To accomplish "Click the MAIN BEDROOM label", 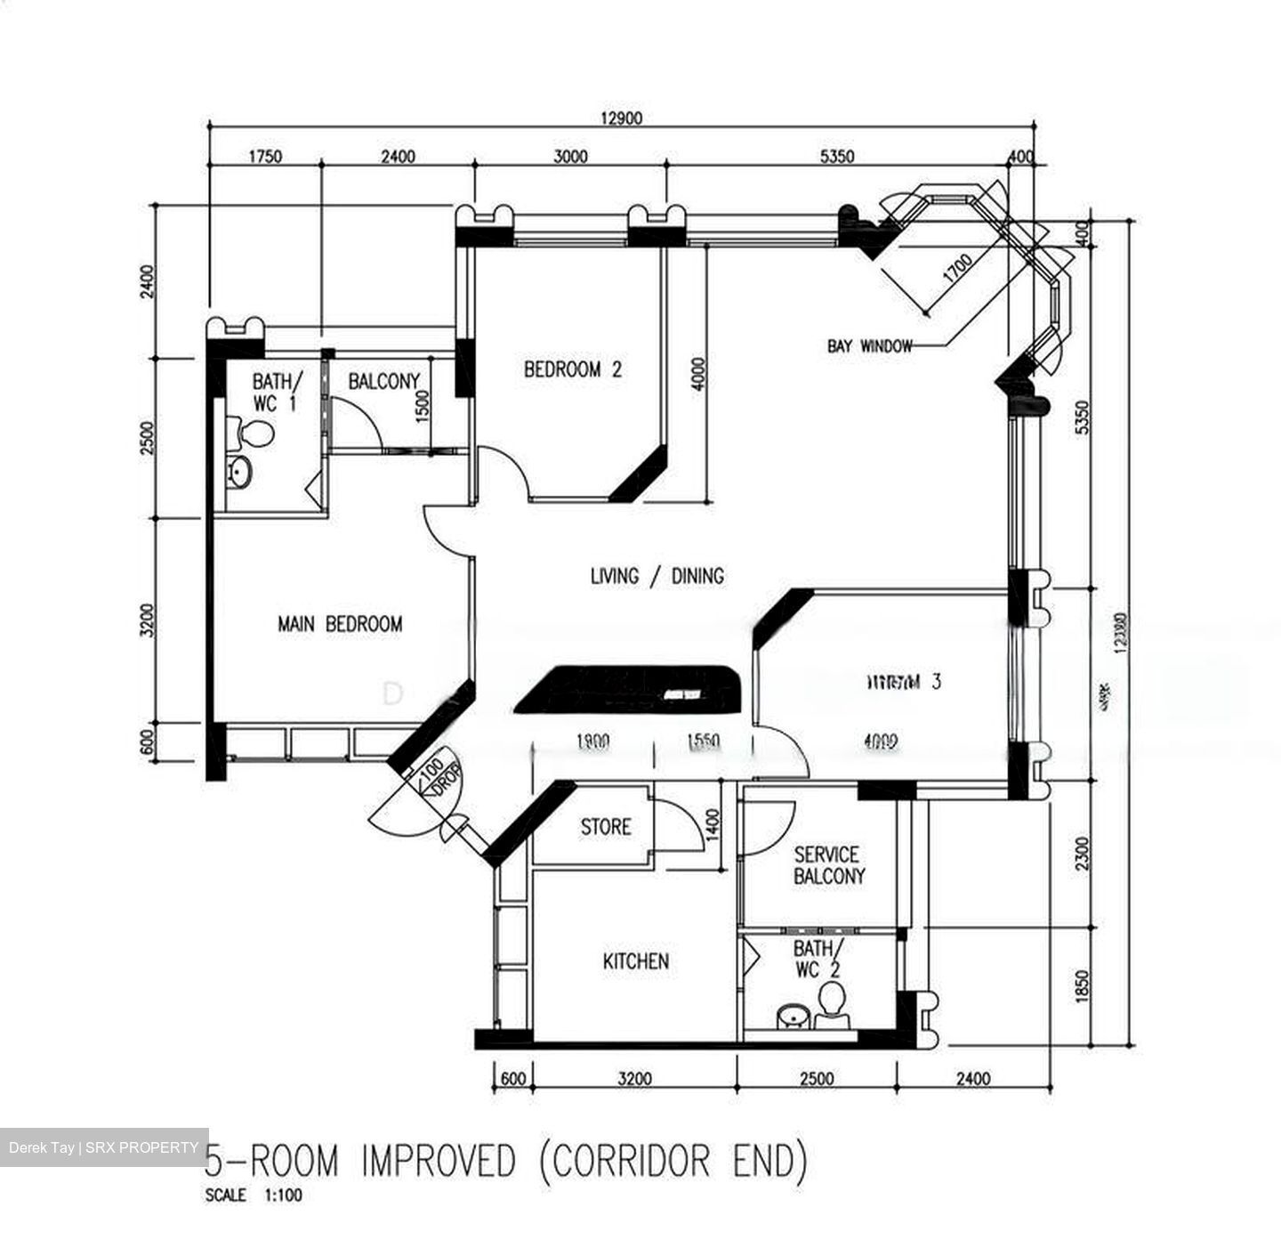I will (340, 624).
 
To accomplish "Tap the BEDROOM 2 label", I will (573, 369).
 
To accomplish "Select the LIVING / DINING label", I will (657, 577).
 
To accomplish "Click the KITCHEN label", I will (635, 961).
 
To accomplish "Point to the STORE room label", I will (606, 827).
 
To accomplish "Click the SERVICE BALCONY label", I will (827, 865).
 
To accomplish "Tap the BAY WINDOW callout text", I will (869, 346).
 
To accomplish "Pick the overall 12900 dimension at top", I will (620, 117).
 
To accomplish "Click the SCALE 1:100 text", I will (254, 1195).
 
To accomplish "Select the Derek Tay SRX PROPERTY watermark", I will (103, 1147).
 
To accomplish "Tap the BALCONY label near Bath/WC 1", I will (383, 382).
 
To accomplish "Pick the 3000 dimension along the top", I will (570, 157).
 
